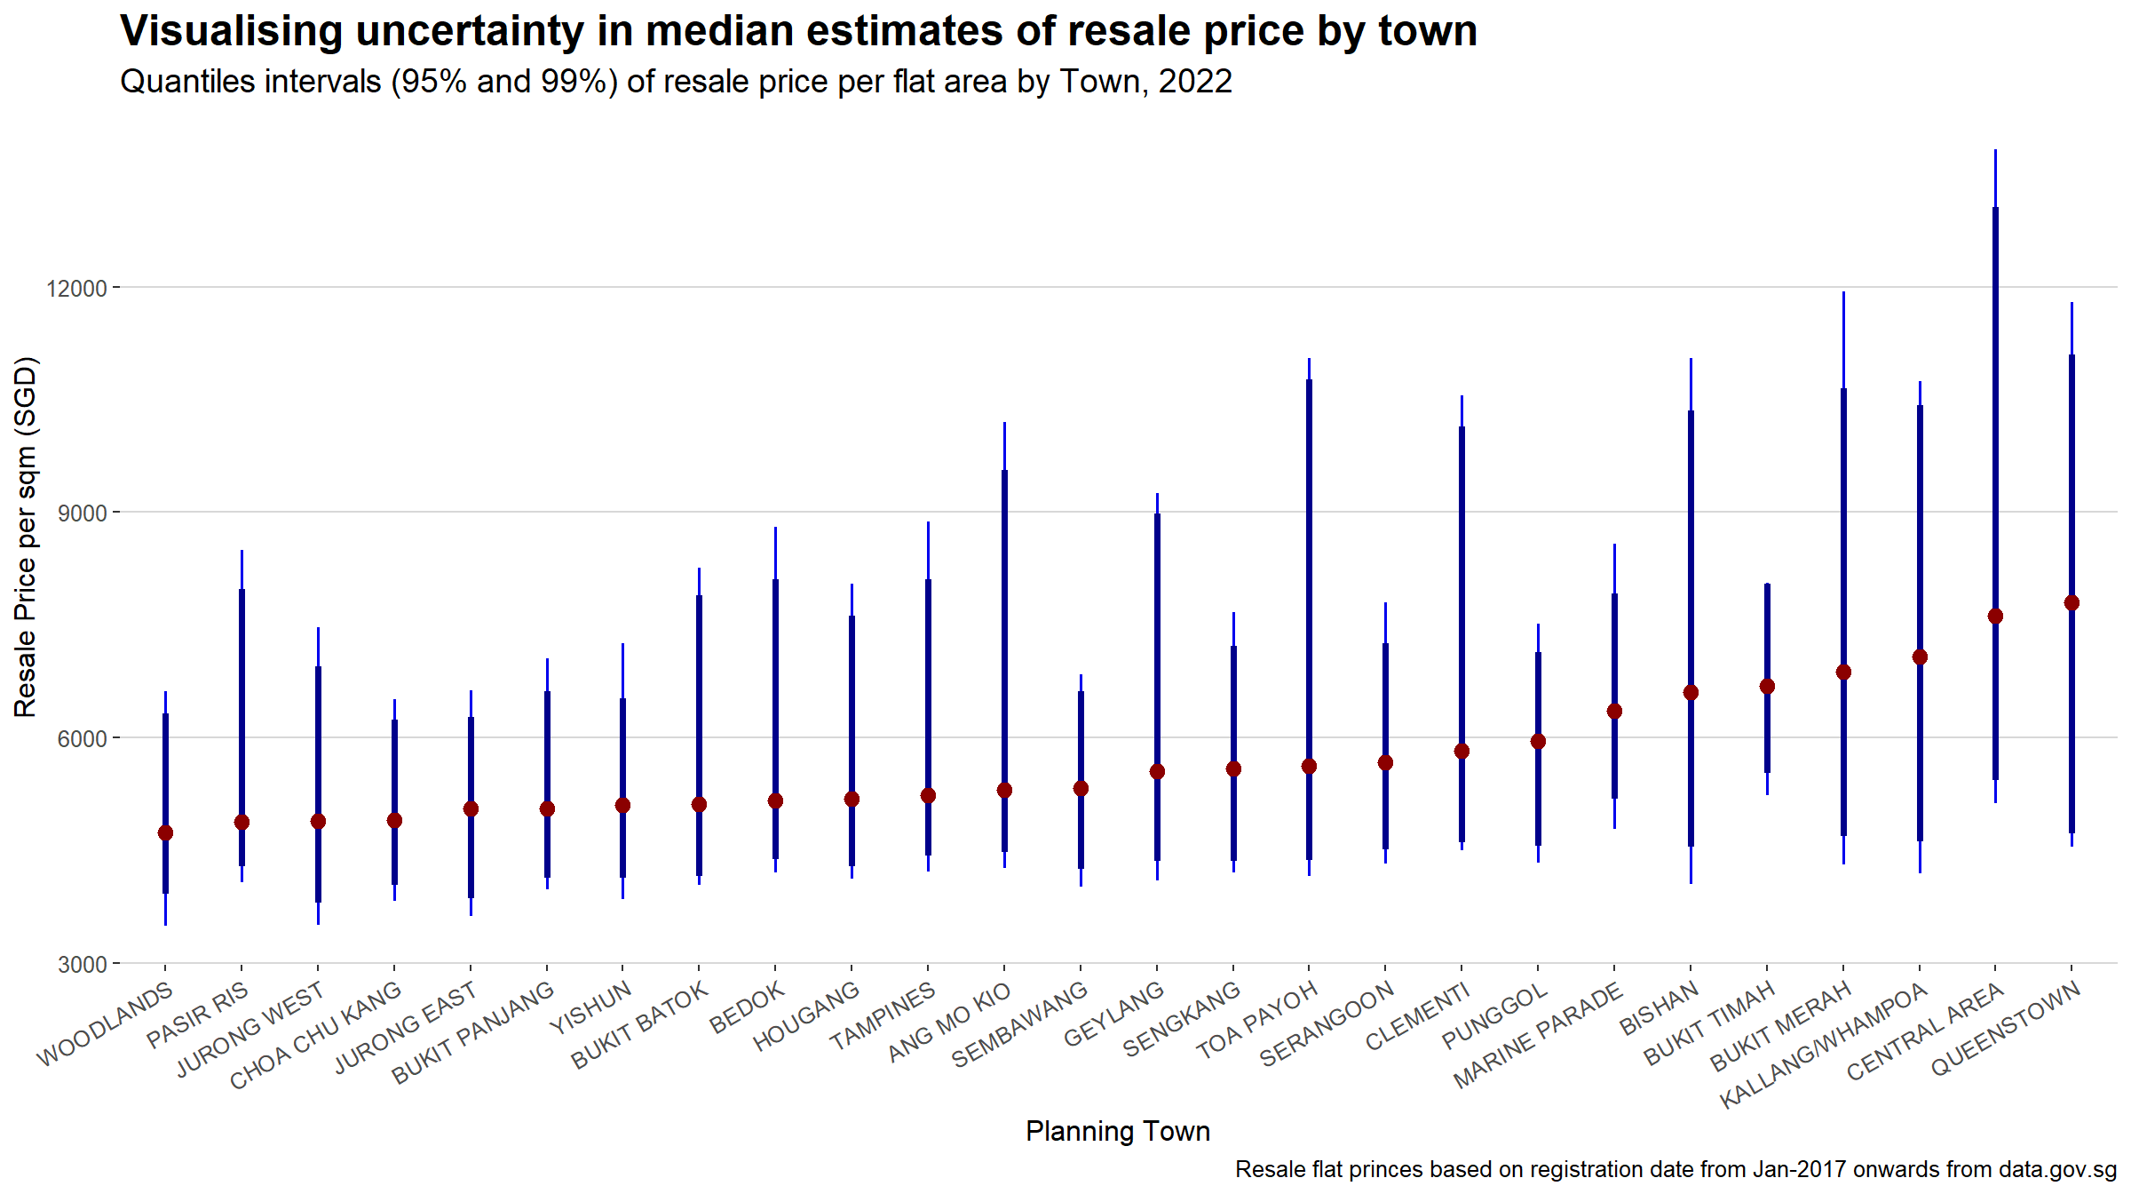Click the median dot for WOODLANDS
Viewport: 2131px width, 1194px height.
tap(165, 832)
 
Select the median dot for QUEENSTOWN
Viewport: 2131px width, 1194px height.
tap(2072, 603)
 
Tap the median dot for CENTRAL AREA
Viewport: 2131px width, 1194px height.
tap(1995, 617)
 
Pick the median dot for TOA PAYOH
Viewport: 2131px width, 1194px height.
tap(1309, 766)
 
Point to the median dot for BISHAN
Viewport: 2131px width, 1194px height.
tap(1691, 693)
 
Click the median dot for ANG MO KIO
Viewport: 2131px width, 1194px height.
tap(1004, 790)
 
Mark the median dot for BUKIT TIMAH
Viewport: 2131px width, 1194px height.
tap(1767, 687)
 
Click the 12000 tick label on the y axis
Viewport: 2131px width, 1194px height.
tap(76, 289)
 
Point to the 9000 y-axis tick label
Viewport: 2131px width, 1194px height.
tap(82, 513)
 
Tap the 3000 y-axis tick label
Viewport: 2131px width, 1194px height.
tap(82, 965)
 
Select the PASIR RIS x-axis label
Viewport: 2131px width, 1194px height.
tap(198, 1015)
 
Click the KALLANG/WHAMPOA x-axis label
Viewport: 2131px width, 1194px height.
tap(1823, 1046)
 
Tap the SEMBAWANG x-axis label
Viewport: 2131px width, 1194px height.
tap(1019, 1024)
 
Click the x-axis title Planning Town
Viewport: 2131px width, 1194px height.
tap(1117, 1131)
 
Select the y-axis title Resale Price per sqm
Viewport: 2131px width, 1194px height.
tap(26, 537)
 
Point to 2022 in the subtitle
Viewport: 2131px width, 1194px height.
tap(1195, 82)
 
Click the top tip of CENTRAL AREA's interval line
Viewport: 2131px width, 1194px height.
tap(1995, 151)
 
